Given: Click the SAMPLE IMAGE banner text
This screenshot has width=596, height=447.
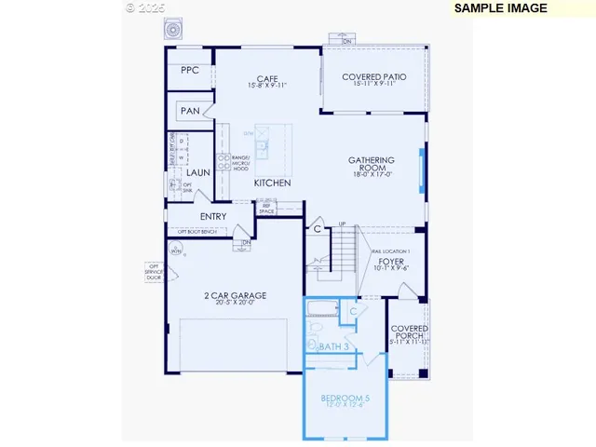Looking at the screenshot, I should tap(500, 8).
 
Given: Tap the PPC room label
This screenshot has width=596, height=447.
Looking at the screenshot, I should tap(190, 71).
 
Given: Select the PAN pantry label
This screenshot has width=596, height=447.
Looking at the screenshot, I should tap(190, 112).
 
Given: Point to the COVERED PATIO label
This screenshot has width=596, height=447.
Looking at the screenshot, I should tap(374, 76).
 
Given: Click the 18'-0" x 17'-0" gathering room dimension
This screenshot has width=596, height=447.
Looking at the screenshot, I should tap(372, 173).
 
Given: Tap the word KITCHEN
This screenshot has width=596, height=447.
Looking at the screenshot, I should tap(273, 183).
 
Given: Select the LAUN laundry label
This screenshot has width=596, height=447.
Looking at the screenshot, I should tap(197, 173).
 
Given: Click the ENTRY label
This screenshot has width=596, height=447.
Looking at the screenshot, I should tap(212, 217).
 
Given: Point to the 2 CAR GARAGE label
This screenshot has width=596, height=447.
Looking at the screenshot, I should tap(235, 295).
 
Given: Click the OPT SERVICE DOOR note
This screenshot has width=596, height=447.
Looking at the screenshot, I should tap(153, 272).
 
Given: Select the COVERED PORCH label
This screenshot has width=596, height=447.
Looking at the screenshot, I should tap(409, 332).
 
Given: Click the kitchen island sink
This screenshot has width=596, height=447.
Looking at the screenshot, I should tap(264, 146).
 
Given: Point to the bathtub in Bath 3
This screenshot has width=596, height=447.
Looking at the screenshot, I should tap(325, 310).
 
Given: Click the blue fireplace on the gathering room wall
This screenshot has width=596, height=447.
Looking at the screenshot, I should tap(422, 169).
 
